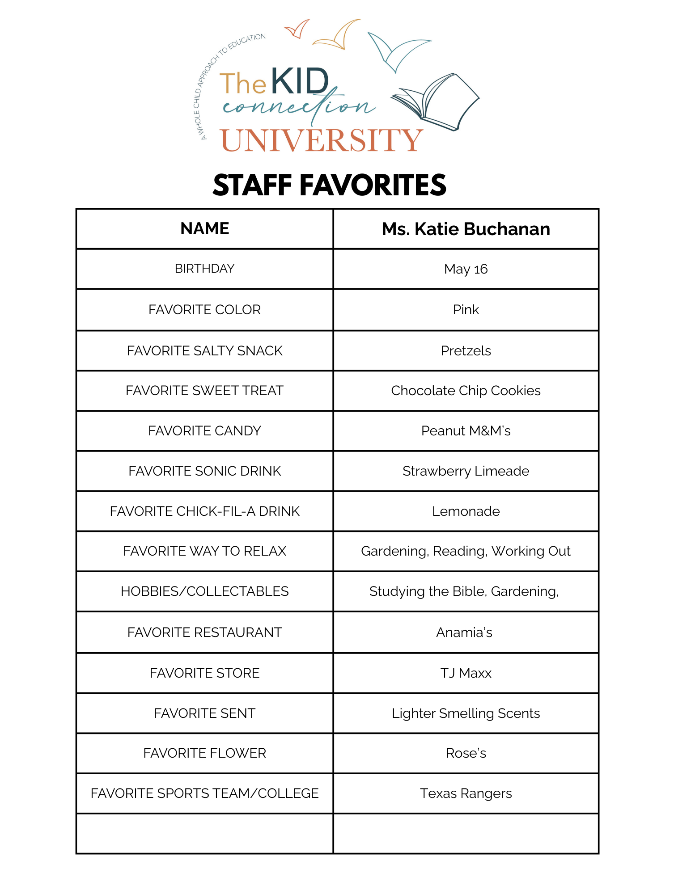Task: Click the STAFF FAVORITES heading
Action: [x=329, y=185]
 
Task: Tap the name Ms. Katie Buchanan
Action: [x=466, y=229]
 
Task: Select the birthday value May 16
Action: [x=466, y=269]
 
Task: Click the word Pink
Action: [x=466, y=310]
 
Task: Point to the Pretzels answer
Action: [x=466, y=351]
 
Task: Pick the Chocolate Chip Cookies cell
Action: [x=466, y=391]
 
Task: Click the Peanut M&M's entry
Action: [x=466, y=431]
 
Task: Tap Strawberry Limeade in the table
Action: [x=466, y=471]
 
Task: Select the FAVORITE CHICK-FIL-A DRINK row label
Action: [x=204, y=511]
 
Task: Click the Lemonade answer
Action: [x=466, y=511]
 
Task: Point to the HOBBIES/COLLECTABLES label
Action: [x=204, y=591]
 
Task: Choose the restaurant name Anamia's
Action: [x=464, y=633]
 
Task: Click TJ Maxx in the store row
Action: [x=466, y=673]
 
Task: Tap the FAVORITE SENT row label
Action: [x=204, y=713]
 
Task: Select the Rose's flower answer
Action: [x=466, y=753]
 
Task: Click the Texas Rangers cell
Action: [x=466, y=793]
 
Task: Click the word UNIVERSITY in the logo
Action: [x=321, y=140]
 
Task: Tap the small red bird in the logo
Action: [x=297, y=30]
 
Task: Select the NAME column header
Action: [x=204, y=229]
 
